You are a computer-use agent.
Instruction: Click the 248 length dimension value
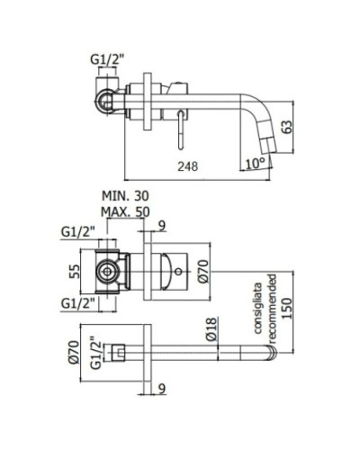point(188,166)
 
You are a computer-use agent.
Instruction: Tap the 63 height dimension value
point(287,127)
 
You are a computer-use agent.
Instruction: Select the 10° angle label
point(256,164)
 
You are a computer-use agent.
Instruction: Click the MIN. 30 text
point(125,196)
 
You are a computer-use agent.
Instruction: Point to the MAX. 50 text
point(125,212)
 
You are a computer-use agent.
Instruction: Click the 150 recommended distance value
point(287,309)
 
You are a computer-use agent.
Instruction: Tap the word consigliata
point(258,308)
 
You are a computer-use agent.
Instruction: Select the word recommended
point(272,309)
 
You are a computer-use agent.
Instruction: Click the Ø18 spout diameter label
point(211,329)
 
